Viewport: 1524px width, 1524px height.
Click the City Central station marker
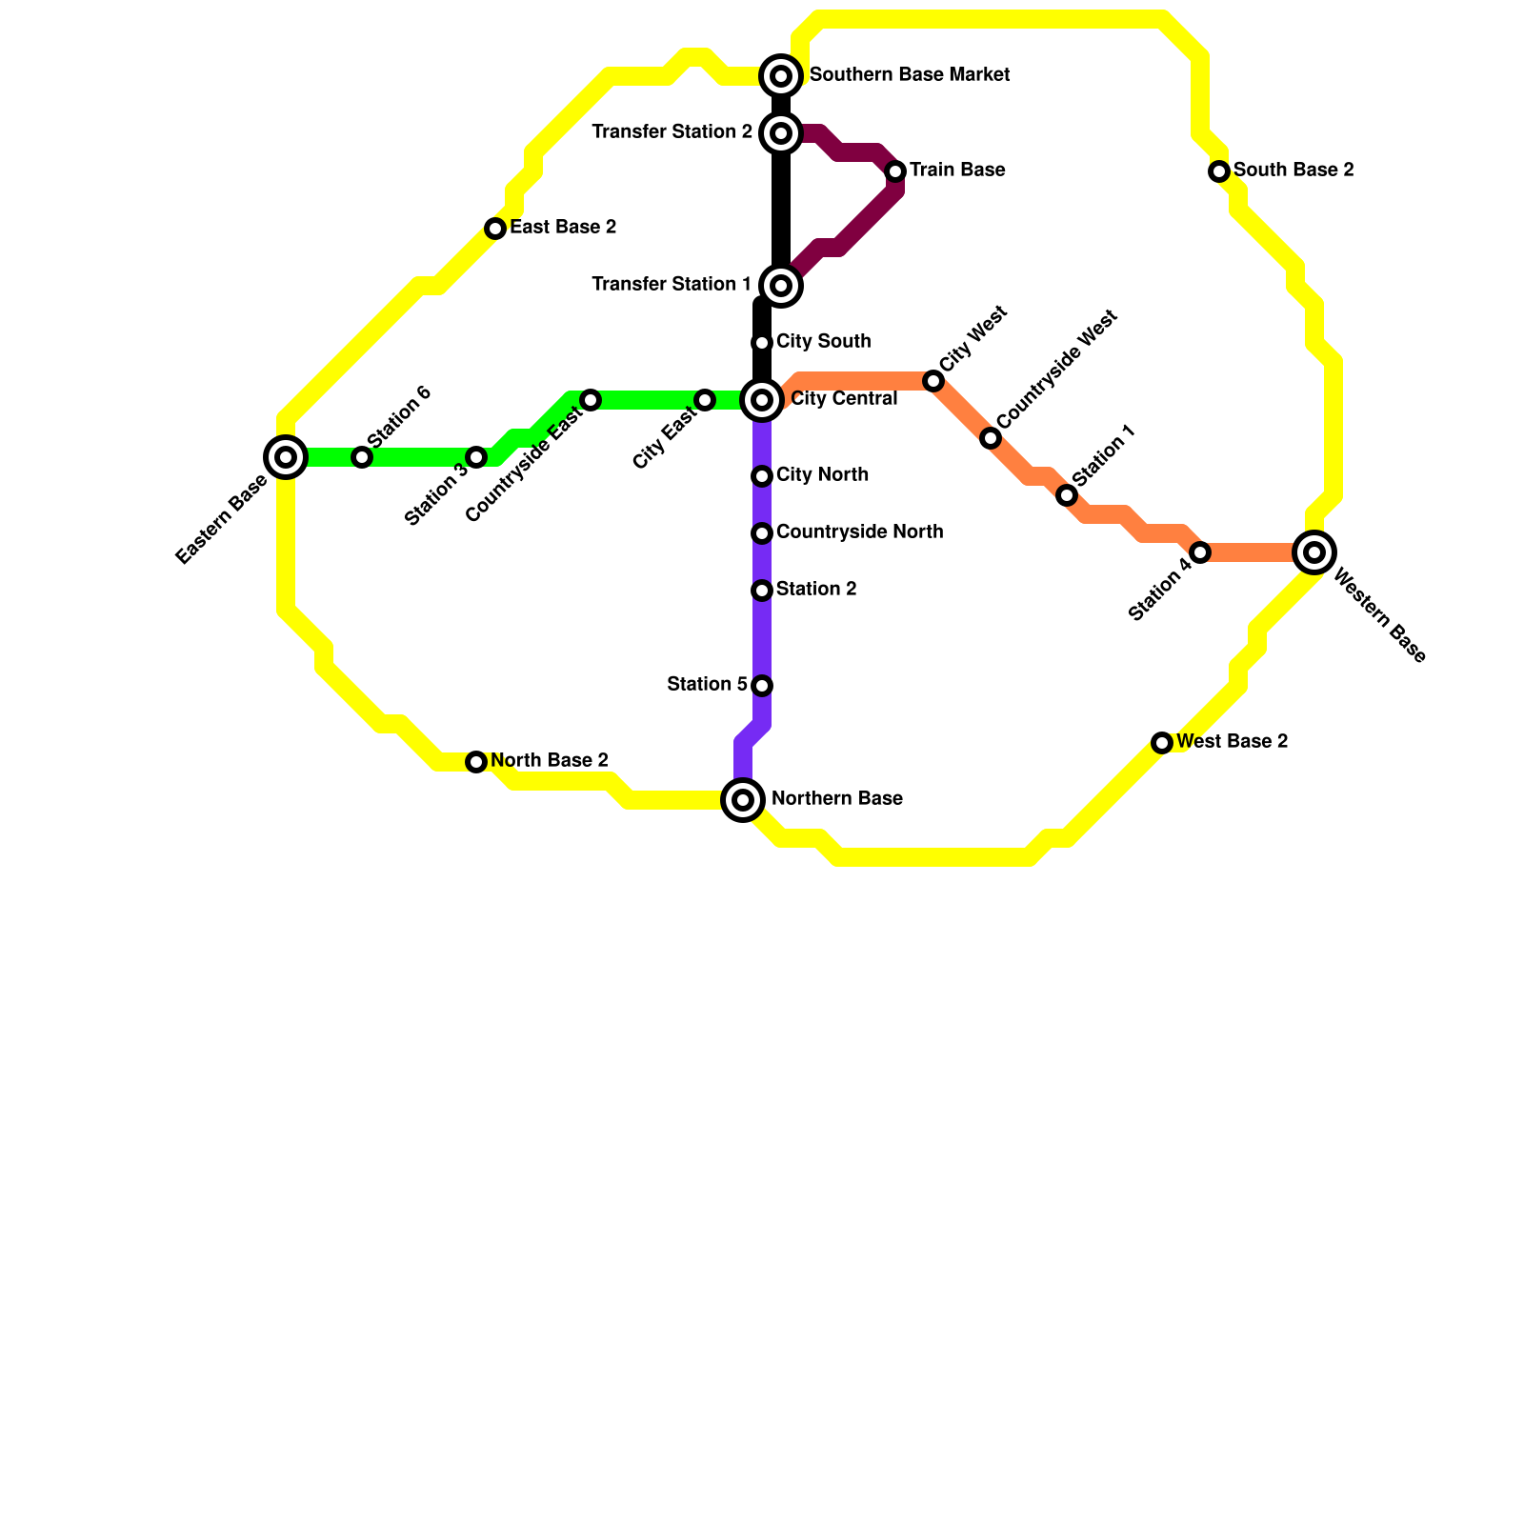762,400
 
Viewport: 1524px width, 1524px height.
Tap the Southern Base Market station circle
781,76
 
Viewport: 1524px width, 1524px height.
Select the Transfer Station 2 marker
781,133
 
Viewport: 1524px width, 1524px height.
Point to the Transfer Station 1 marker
781,286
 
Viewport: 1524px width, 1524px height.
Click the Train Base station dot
895,171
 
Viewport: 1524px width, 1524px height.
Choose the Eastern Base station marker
286,457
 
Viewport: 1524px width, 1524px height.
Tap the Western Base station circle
1314,552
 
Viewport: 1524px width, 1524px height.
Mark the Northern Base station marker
743,800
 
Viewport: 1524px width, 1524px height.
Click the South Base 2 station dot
1219,171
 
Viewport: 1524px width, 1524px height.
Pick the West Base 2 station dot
1162,743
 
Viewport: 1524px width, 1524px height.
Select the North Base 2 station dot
476,762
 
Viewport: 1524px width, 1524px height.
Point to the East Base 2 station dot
495,229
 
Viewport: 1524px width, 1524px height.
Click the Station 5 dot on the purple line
762,686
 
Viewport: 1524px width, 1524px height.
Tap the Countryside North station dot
762,533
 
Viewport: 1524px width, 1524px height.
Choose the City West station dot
933,381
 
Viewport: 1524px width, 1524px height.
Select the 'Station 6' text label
399,416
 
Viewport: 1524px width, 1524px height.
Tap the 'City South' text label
823,342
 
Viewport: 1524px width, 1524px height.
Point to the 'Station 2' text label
816,590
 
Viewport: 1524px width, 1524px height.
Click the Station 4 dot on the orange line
1200,552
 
